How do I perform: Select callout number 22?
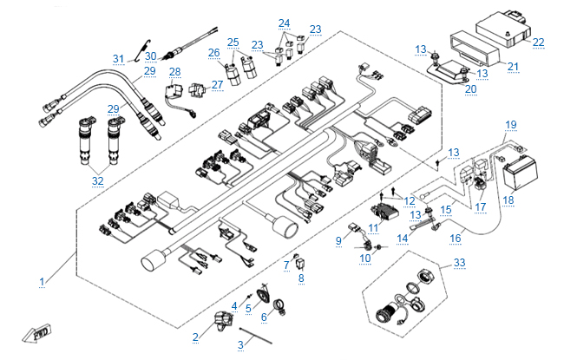[538, 42]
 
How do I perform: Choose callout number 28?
[174, 72]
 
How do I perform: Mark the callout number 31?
[119, 59]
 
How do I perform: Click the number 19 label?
[511, 124]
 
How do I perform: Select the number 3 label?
[239, 345]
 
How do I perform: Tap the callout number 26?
[213, 54]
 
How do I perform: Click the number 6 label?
[265, 317]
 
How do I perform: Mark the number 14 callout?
[402, 237]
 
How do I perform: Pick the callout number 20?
[470, 88]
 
